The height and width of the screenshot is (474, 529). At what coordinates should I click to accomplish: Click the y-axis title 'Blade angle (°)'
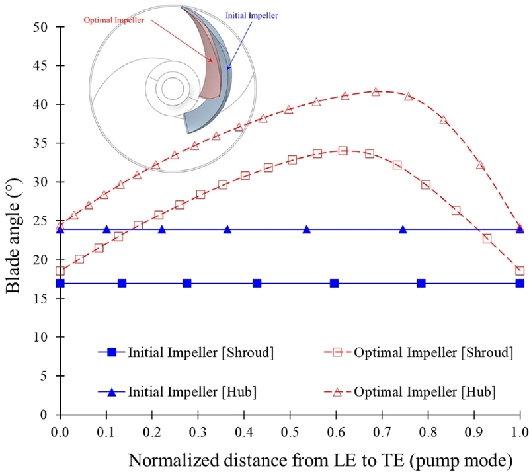click(15, 221)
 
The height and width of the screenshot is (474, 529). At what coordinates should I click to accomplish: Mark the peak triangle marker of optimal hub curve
click(376, 92)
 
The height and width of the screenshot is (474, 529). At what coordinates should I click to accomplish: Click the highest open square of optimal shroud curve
click(343, 151)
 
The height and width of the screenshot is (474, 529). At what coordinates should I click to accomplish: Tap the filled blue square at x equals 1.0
click(520, 283)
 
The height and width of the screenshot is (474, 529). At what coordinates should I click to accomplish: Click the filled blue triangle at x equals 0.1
click(106, 229)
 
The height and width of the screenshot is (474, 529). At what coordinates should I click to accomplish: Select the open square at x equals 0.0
click(61, 270)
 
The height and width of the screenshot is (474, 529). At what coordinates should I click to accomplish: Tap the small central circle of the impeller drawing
click(173, 87)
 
